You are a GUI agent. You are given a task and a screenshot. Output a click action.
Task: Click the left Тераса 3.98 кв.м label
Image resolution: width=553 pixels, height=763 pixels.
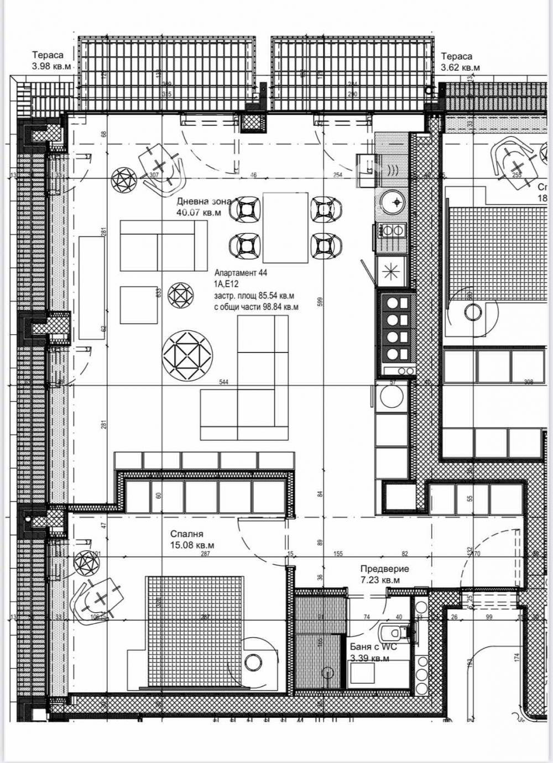click(51, 61)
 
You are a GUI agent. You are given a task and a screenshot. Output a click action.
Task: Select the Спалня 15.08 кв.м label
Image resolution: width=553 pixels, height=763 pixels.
click(192, 539)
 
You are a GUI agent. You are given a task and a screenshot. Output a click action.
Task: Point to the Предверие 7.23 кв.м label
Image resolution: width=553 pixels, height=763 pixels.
click(384, 574)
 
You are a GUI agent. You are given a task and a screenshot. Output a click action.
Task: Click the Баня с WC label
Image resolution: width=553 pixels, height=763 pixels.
click(373, 652)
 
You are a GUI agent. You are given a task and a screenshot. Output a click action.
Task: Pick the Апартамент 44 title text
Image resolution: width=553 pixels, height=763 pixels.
click(241, 272)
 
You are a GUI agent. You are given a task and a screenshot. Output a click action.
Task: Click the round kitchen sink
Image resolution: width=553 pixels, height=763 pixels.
click(394, 202)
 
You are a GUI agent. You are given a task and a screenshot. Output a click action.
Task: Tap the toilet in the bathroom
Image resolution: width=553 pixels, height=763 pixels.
click(394, 631)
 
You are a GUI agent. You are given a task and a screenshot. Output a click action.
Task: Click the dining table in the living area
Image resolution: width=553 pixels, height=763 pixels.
click(285, 227)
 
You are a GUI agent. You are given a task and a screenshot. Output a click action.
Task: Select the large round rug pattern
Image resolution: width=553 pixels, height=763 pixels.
click(187, 355)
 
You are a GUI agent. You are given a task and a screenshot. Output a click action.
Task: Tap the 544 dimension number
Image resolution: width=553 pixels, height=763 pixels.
click(224, 382)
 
